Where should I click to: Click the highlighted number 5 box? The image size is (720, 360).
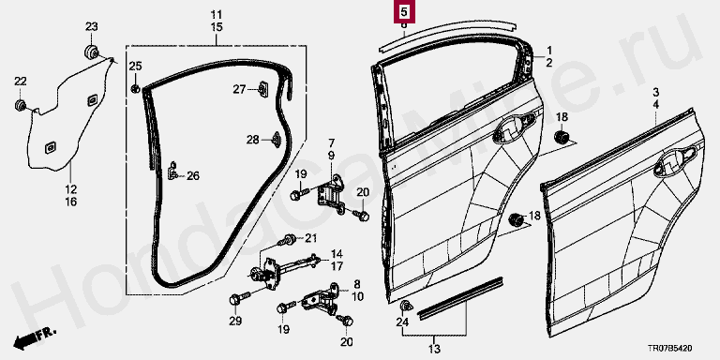pos(404,11)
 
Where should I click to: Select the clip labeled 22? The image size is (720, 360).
pos(20,105)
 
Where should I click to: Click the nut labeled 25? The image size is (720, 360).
pos(135,89)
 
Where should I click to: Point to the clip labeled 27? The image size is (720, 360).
pos(263,90)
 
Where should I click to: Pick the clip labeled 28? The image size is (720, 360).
pos(277,140)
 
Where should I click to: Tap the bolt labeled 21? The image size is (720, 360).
pos(288,239)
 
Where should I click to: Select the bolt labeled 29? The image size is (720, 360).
pos(239,298)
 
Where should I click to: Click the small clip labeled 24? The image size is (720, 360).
pos(405,306)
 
